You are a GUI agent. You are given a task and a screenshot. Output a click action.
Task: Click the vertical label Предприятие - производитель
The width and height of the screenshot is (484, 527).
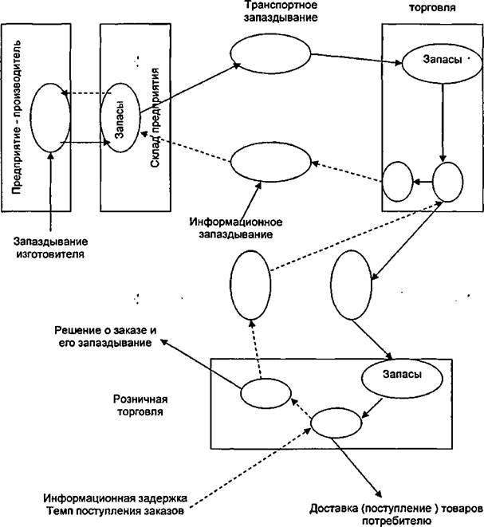pyautogui.click(x=16, y=117)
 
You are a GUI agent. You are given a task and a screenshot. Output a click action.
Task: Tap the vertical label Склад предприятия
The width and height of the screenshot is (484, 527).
pyautogui.click(x=155, y=118)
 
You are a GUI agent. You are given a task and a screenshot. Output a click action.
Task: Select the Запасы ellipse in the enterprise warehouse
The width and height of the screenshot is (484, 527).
pyautogui.click(x=120, y=117)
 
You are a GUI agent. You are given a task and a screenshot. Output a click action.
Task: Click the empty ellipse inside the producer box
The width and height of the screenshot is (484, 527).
pyautogui.click(x=50, y=118)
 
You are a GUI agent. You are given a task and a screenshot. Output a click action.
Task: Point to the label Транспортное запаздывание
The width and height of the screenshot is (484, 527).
pyautogui.click(x=281, y=11)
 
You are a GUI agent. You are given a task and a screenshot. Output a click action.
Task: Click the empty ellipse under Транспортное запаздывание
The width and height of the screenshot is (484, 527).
pyautogui.click(x=270, y=53)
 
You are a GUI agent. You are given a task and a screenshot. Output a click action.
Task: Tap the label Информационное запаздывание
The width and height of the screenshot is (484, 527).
pyautogui.click(x=235, y=228)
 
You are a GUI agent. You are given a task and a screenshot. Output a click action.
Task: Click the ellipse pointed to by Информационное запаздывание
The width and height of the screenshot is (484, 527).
pyautogui.click(x=271, y=162)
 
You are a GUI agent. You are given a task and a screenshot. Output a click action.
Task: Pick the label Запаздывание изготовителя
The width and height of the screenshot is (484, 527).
pyautogui.click(x=51, y=247)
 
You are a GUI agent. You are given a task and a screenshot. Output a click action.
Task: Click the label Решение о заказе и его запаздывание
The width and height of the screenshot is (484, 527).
pyautogui.click(x=105, y=336)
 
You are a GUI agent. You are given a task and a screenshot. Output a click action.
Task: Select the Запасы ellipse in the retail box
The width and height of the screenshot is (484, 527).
pyautogui.click(x=402, y=378)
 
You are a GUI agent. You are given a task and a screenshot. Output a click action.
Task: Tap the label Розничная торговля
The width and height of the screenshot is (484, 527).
pyautogui.click(x=140, y=405)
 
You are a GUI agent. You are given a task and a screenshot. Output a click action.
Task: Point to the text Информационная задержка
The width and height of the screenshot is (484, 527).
pyautogui.click(x=116, y=498)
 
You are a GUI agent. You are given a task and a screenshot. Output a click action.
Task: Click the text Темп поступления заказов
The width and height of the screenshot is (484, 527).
pyautogui.click(x=116, y=511)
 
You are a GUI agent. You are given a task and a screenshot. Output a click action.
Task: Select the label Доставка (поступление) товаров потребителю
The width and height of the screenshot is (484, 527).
pyautogui.click(x=397, y=515)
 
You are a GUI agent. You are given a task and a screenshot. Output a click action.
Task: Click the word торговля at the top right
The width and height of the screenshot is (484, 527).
pyautogui.click(x=432, y=7)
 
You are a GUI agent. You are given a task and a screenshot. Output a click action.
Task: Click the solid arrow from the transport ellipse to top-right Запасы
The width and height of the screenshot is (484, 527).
pyautogui.click(x=356, y=58)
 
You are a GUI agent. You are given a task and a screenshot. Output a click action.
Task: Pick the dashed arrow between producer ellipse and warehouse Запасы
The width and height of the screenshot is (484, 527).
pyautogui.click(x=86, y=93)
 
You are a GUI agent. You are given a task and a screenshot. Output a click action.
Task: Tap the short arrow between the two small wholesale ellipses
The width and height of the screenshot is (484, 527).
pyautogui.click(x=423, y=182)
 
